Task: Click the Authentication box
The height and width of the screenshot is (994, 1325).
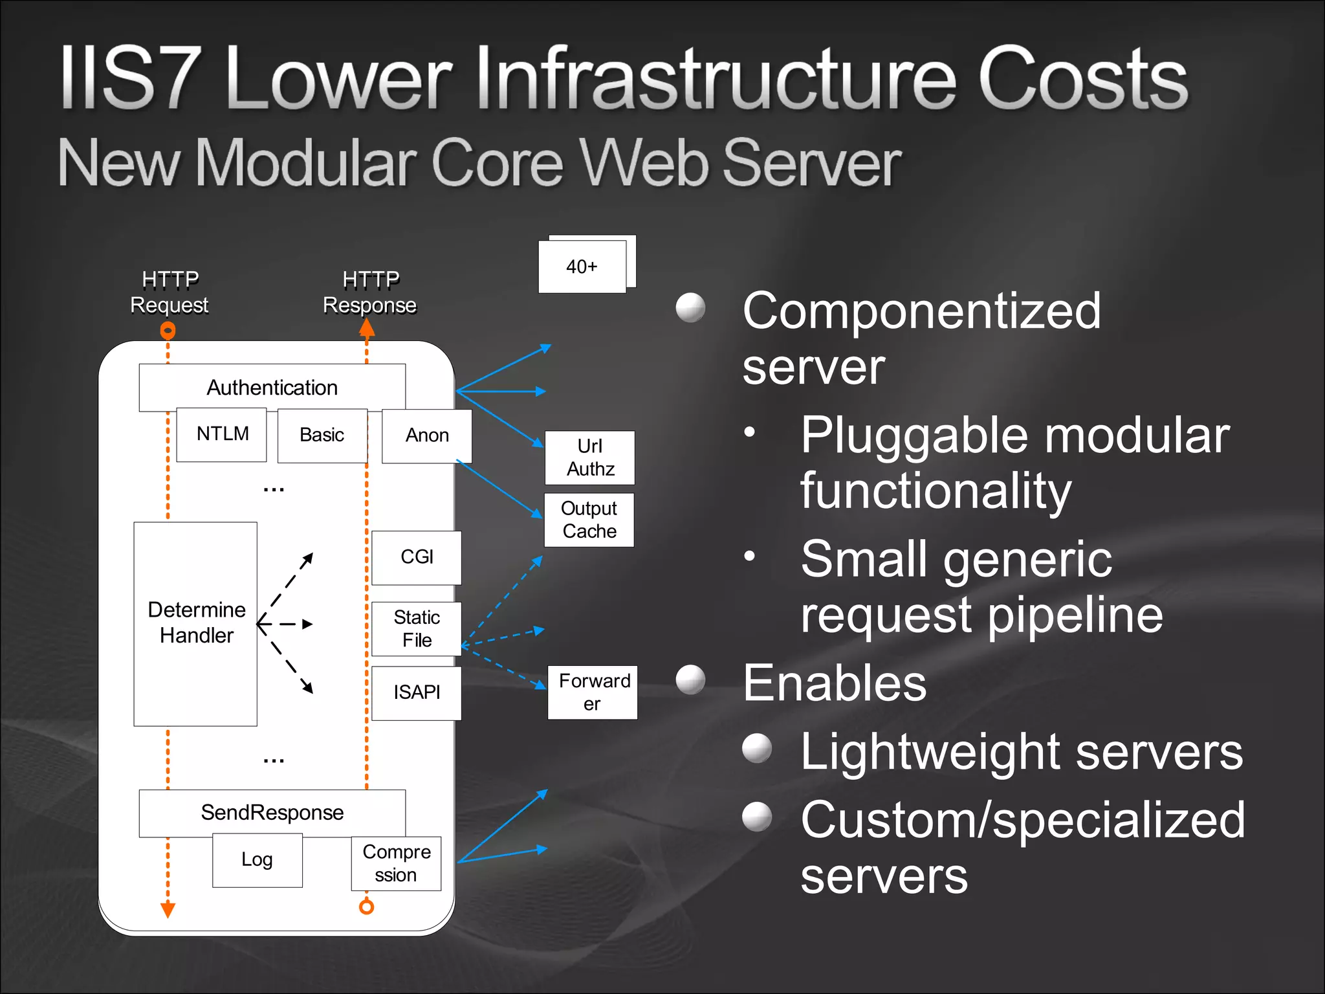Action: (x=272, y=387)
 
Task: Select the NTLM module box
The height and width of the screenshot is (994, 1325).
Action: (x=222, y=434)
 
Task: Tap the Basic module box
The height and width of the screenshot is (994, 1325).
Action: (x=322, y=435)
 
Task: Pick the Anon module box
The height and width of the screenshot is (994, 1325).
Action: (x=427, y=436)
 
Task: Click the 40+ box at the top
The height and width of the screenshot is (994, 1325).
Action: (x=582, y=267)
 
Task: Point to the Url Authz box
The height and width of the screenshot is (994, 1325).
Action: (x=590, y=458)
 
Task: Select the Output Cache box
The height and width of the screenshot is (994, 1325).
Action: (x=589, y=520)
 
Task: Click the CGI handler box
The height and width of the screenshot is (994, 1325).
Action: (x=417, y=557)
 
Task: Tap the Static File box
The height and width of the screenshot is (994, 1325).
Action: (x=417, y=628)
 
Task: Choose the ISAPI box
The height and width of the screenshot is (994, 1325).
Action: (x=417, y=692)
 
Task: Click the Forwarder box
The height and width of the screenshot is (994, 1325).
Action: (x=593, y=692)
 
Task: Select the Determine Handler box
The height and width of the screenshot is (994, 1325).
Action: (x=195, y=623)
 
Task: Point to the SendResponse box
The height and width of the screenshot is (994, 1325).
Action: (x=272, y=812)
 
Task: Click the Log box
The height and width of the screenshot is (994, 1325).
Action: (x=257, y=860)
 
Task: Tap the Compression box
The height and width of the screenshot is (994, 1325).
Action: (x=396, y=863)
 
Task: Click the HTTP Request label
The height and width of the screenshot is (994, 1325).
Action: (x=170, y=292)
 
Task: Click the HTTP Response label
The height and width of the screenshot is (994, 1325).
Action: (x=369, y=292)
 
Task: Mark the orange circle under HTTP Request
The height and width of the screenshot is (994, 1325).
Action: (x=168, y=331)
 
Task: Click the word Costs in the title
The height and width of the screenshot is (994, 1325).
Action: (x=1082, y=81)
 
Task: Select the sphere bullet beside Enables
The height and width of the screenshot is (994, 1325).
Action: (x=690, y=680)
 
